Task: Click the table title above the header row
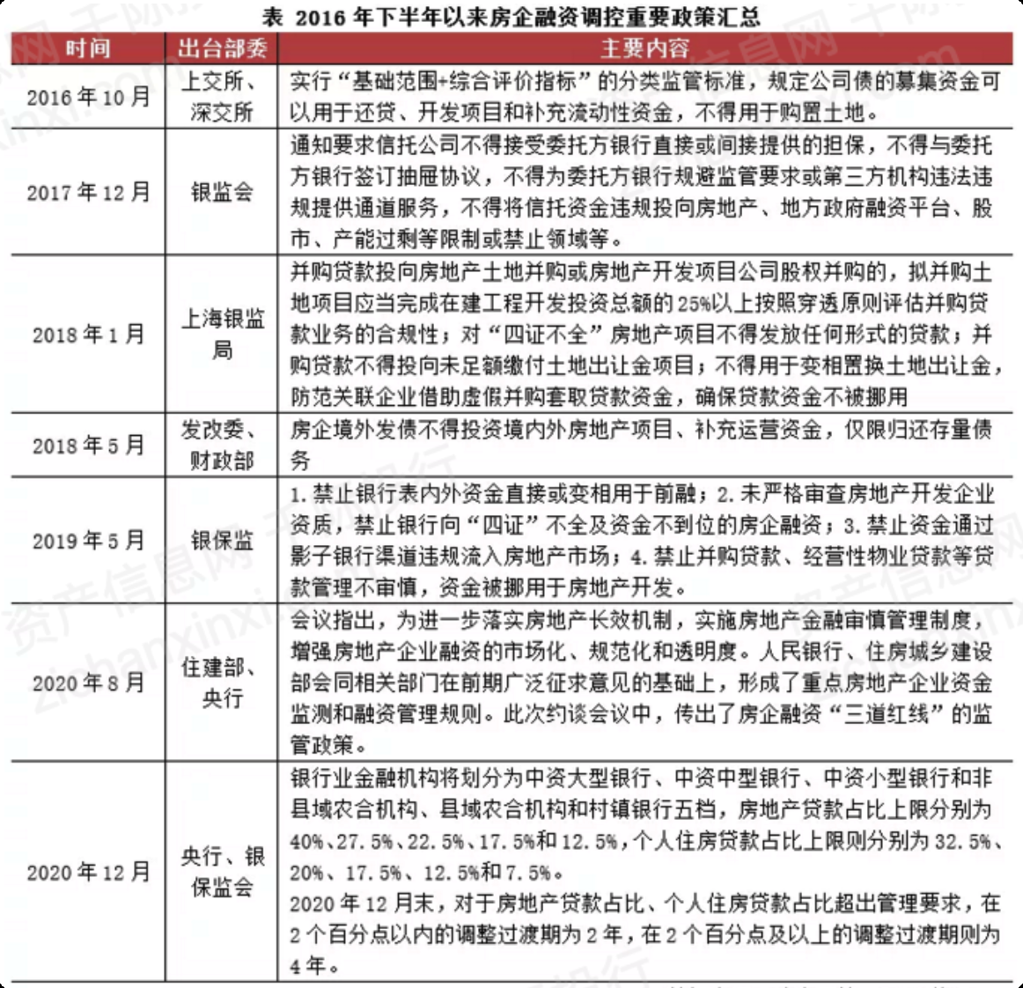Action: [x=511, y=16]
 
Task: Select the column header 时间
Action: [x=88, y=48]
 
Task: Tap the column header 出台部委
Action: [x=222, y=48]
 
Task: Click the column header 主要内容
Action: [x=644, y=48]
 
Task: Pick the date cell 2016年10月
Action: [x=88, y=97]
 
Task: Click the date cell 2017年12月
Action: [x=88, y=192]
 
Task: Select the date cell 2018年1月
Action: [x=88, y=335]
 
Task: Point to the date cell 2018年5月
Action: [x=88, y=446]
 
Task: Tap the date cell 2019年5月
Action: [x=88, y=540]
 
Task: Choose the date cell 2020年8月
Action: [x=88, y=682]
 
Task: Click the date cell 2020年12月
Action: [x=88, y=872]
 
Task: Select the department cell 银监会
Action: [x=222, y=192]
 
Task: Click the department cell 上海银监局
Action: [x=222, y=334]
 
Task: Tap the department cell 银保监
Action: [x=222, y=540]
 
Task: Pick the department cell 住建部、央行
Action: [x=222, y=682]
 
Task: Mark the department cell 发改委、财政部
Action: [x=222, y=446]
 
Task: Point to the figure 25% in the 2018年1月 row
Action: [x=695, y=304]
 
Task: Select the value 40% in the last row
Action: [x=306, y=842]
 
